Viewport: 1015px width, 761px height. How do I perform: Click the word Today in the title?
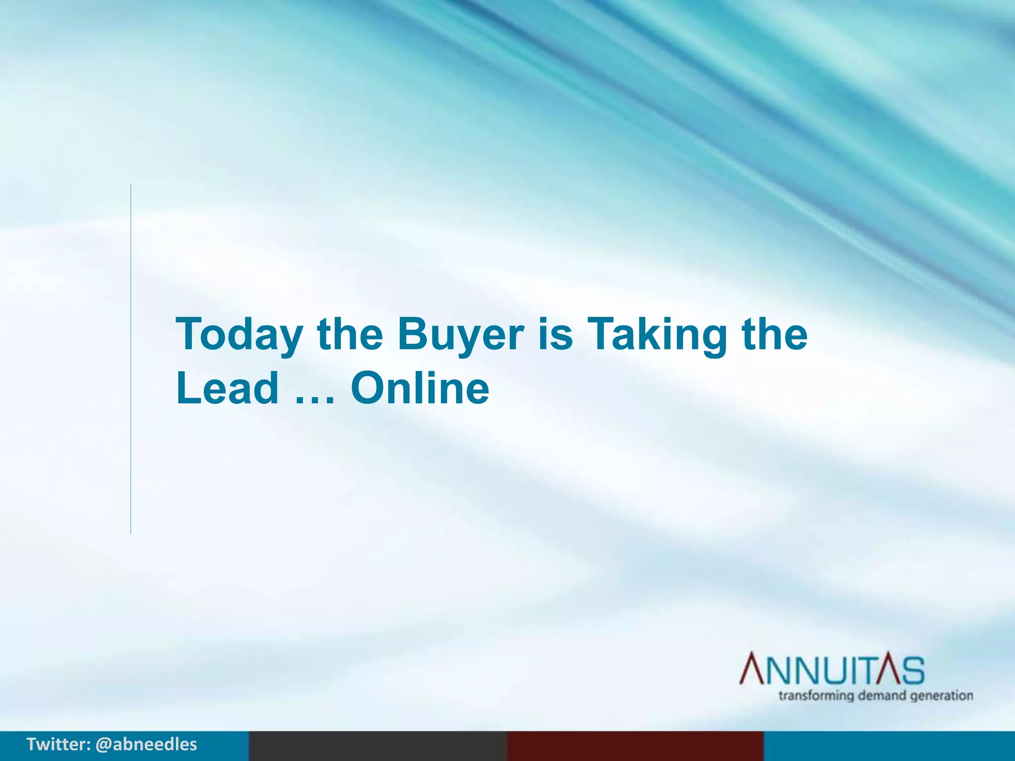(x=239, y=334)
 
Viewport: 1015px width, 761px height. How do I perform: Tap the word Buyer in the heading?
(x=460, y=334)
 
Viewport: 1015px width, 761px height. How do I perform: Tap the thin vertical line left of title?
(x=131, y=359)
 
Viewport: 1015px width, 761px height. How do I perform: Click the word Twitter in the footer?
(x=57, y=744)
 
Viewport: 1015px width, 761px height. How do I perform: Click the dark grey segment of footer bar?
(x=378, y=746)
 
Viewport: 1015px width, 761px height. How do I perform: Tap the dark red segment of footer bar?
(x=635, y=746)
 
